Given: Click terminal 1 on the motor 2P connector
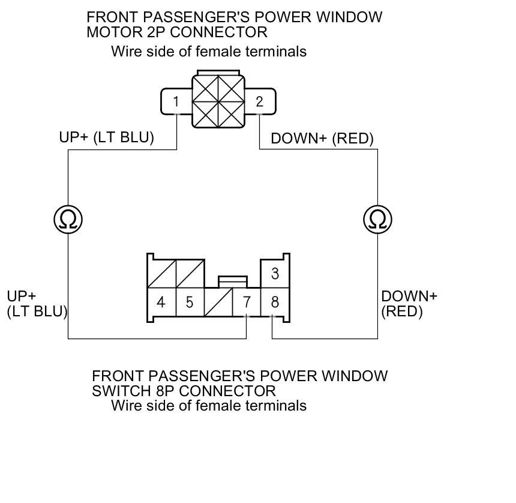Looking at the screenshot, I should tap(176, 101).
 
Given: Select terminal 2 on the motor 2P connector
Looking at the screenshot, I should tap(259, 101).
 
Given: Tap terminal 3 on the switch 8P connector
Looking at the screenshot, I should tap(275, 274).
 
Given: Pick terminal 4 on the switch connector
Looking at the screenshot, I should tap(161, 301).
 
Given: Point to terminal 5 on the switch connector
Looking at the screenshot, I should tap(190, 301).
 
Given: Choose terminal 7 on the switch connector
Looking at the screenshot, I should tap(247, 301).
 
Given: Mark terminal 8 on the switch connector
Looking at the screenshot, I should tap(275, 301).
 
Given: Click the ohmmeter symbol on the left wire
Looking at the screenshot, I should tap(68, 220).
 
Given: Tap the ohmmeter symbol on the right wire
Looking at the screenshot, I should tap(377, 220).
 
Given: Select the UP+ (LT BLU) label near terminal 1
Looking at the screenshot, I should tap(106, 137).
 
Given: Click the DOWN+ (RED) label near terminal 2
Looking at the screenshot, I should tap(322, 139).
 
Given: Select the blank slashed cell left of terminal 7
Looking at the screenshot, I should tap(218, 301).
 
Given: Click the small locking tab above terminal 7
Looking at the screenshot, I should tap(232, 281).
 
